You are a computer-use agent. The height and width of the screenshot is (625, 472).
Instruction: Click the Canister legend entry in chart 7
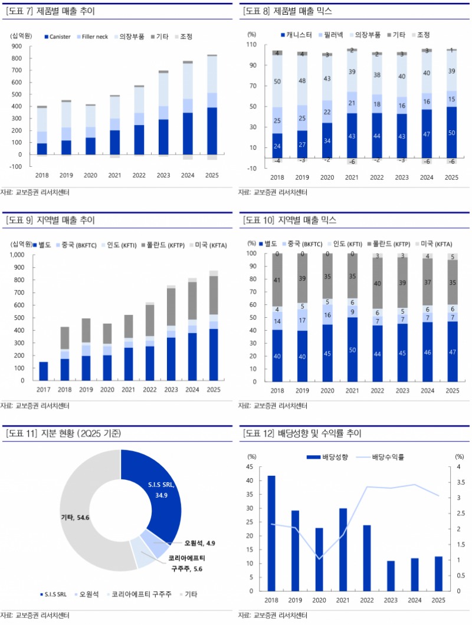click(57, 37)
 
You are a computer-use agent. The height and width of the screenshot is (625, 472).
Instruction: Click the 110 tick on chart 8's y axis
click(251, 45)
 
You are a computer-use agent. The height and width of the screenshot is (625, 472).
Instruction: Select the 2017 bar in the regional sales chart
click(42, 371)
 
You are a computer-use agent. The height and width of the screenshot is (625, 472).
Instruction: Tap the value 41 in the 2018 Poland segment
click(276, 281)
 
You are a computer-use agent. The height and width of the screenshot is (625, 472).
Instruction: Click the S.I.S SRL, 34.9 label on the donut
click(162, 489)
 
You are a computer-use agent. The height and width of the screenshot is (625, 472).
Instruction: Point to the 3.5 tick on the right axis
click(460, 483)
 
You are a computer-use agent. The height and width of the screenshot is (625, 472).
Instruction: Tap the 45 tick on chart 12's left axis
click(251, 467)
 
